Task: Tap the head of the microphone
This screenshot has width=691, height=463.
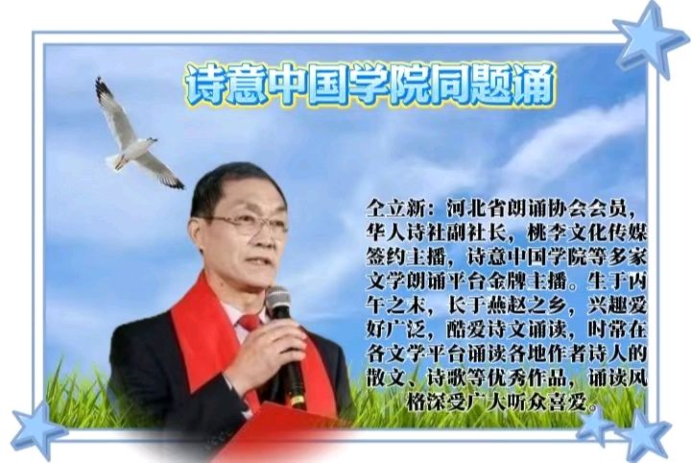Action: pos(278,302)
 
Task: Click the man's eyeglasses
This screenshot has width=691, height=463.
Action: pos(247,225)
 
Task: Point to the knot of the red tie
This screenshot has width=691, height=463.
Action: pos(250,323)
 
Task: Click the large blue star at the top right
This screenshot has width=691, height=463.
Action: pos(649,38)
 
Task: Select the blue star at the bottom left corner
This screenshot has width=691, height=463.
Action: pos(36,431)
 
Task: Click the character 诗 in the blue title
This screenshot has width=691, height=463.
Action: pos(206,85)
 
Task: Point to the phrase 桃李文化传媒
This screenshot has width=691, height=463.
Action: pos(587,232)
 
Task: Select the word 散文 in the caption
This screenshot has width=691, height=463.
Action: pos(386,378)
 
